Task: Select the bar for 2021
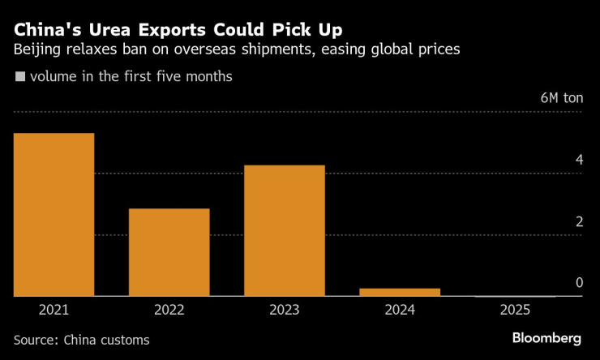(x=54, y=215)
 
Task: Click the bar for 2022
(x=169, y=252)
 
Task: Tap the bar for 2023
(x=284, y=231)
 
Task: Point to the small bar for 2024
(x=400, y=292)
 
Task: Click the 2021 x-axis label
(x=54, y=310)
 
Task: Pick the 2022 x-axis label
(x=169, y=310)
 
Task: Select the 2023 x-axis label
(x=284, y=310)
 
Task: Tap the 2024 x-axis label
(x=400, y=310)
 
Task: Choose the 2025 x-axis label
(x=515, y=310)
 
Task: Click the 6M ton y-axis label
(x=561, y=98)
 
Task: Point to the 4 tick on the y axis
(x=579, y=160)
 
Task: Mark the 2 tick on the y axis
(x=579, y=221)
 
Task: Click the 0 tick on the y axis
(x=579, y=282)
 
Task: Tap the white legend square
(x=19, y=78)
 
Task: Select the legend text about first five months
(x=130, y=78)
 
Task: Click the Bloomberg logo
(x=546, y=337)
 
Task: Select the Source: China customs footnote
(x=81, y=340)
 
